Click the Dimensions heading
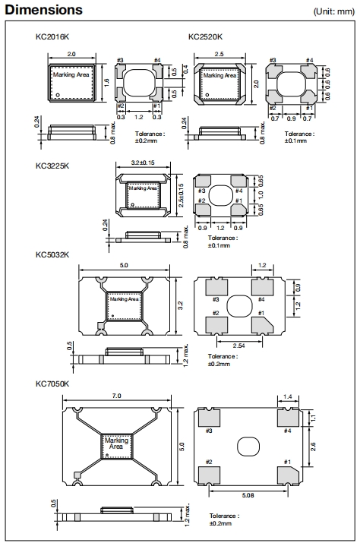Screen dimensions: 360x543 (43, 10)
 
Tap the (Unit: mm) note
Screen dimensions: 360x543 (333, 11)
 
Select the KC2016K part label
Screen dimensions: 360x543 (52, 36)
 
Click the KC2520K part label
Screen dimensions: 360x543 (206, 36)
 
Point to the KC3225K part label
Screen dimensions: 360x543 (52, 166)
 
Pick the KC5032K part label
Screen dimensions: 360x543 (52, 255)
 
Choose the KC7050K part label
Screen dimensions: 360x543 (52, 384)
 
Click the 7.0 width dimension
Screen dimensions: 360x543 (117, 396)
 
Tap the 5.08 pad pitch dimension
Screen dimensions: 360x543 (248, 495)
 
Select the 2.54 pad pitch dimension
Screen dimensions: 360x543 (238, 346)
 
